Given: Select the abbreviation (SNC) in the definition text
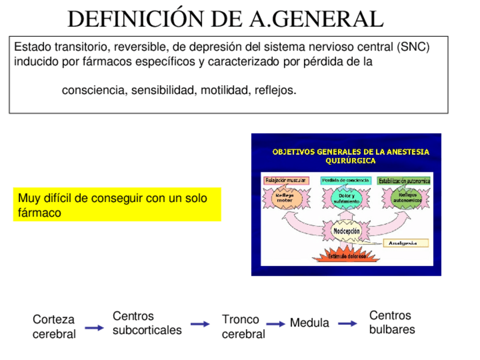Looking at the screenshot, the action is [x=413, y=47].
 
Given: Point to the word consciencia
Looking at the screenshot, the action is [x=94, y=90].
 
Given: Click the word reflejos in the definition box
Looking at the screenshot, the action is [x=275, y=90].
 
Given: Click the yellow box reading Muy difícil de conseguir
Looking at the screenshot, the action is [x=117, y=205].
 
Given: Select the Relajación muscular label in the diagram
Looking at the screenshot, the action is [x=285, y=181].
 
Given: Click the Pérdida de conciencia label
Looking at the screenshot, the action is [x=345, y=181].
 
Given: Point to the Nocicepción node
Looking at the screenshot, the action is [x=346, y=232].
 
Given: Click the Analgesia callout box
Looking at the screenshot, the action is [x=405, y=243].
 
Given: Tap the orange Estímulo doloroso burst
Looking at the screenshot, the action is [x=346, y=256].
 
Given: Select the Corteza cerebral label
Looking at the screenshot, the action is [x=54, y=327].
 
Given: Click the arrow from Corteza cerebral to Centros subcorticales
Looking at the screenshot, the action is [x=94, y=328].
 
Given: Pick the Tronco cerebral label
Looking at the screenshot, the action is [x=243, y=327].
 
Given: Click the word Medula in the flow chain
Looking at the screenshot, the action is [x=309, y=323].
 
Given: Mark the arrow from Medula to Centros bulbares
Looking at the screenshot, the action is [x=348, y=324].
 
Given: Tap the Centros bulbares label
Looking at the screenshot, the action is [x=392, y=323].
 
